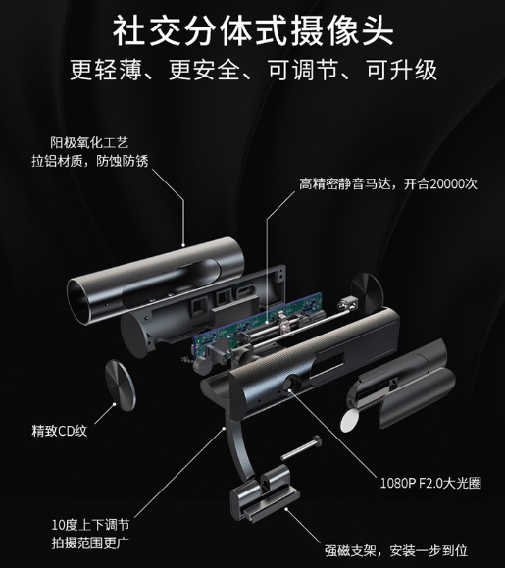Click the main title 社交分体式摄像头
[253, 30]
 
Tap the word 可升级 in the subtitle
[401, 71]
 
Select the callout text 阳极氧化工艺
[89, 142]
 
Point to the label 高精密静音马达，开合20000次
[388, 184]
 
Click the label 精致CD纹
[60, 431]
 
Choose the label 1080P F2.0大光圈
[430, 483]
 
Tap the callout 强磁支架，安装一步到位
[396, 551]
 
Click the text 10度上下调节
[90, 525]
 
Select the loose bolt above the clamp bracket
[301, 448]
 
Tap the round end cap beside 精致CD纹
[121, 386]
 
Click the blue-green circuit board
[259, 326]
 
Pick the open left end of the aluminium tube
[77, 301]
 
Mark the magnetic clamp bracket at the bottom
[264, 495]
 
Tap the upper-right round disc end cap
[367, 291]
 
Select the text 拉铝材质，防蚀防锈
[90, 161]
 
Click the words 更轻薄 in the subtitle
[105, 71]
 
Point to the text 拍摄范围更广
[90, 543]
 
